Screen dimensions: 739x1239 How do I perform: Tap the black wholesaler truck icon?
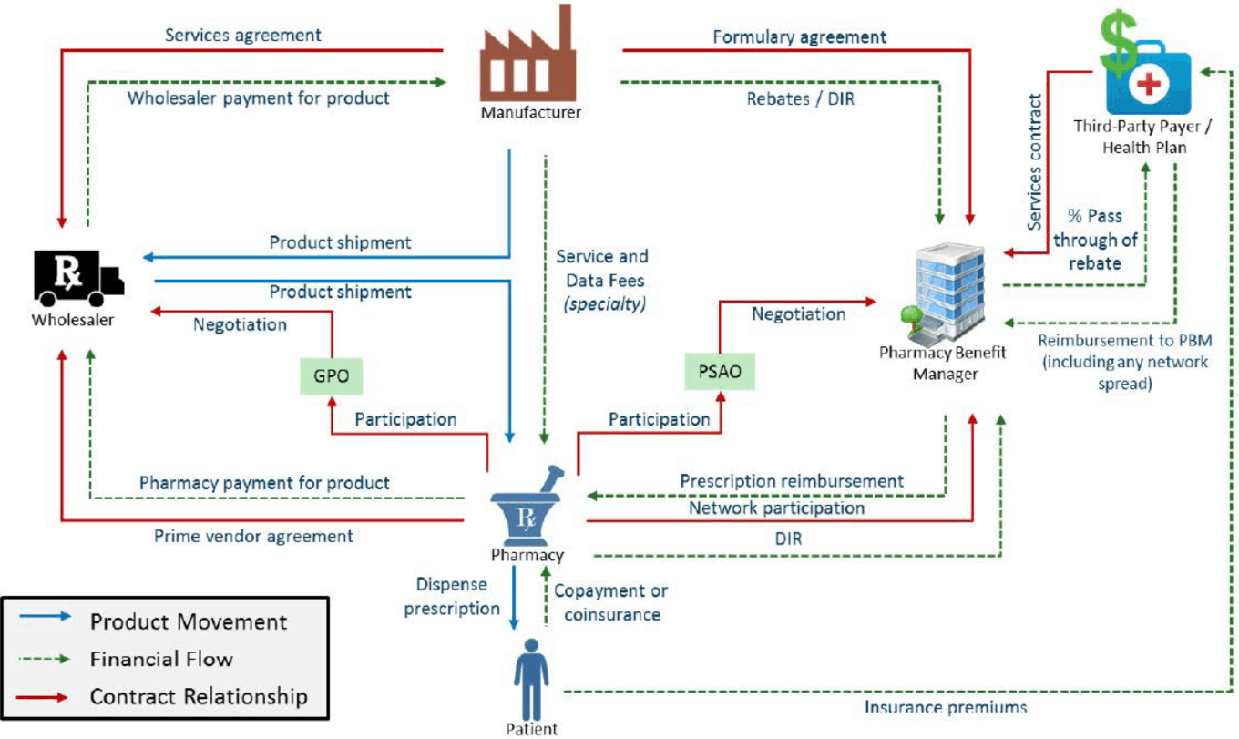tap(79, 273)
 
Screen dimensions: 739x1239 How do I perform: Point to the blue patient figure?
tap(531, 680)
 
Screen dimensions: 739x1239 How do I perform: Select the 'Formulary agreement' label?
tap(799, 37)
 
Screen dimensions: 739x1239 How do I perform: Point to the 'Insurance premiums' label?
tap(946, 707)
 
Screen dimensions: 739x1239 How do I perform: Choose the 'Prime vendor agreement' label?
tap(253, 537)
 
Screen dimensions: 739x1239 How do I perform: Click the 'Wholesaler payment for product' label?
tap(259, 98)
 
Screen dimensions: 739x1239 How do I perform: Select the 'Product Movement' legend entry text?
tap(188, 622)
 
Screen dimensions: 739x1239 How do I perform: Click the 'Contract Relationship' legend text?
tap(199, 697)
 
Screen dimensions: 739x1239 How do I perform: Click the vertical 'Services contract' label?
tap(1035, 161)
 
